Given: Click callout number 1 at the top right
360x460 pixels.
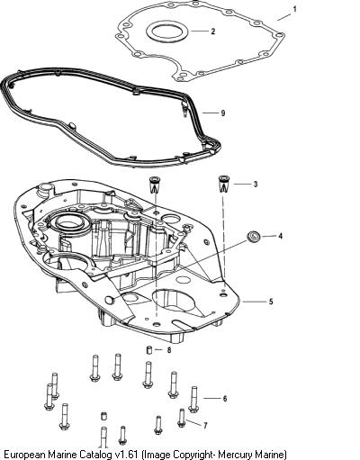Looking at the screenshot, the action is pos(294,9).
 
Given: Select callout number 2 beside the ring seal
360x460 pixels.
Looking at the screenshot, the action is pos(213,32).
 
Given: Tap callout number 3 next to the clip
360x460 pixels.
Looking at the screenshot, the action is pos(256,184).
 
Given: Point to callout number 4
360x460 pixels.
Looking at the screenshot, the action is pos(280,236).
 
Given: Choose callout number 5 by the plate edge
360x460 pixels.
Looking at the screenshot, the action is pos(271,302).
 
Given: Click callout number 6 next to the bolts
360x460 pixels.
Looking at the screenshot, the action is pos(225,399).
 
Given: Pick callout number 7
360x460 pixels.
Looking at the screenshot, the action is pos(205,426).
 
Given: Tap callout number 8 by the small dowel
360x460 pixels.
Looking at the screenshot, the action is pos(169,350).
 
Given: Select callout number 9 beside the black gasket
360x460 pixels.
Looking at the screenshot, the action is pos(222,113).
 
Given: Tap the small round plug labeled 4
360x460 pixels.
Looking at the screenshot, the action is pos(253,236).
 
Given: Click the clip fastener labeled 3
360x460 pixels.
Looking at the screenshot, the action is pos(222,184).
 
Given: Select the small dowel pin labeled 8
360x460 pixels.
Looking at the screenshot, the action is pos(149,350).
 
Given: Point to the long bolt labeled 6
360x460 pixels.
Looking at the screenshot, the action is pos(193,400).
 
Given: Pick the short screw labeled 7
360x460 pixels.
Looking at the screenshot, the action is pos(181,418).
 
